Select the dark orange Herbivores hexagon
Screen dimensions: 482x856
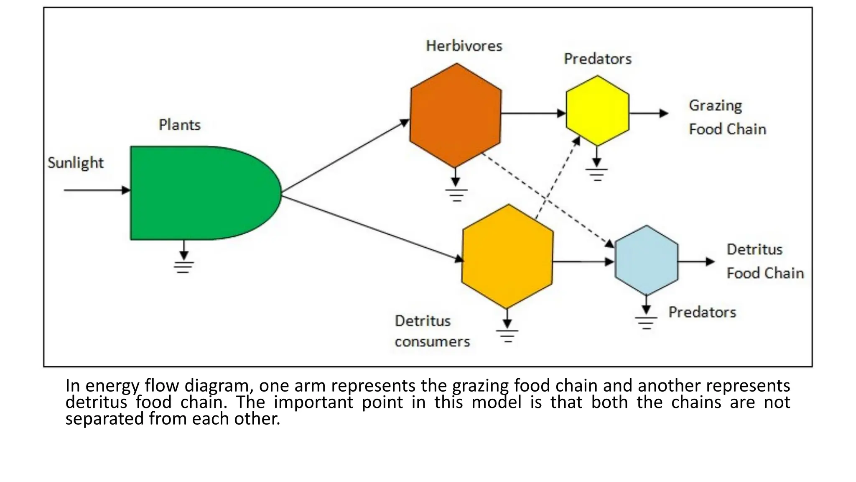tap(456, 115)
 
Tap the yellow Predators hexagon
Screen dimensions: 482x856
tap(597, 111)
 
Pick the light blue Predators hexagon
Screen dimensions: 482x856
tap(646, 260)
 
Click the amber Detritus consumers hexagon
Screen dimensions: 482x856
tap(507, 256)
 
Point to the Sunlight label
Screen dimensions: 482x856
tap(75, 163)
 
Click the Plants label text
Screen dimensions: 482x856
tap(180, 125)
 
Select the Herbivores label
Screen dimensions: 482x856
tap(464, 46)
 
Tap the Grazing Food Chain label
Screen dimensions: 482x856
tap(727, 117)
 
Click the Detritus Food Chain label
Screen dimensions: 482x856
tap(765, 261)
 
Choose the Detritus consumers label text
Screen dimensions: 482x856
tap(432, 331)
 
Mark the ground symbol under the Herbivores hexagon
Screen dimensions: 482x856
tap(456, 195)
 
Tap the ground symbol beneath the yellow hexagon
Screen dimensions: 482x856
tap(597, 174)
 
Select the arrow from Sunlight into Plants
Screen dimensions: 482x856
tap(96, 190)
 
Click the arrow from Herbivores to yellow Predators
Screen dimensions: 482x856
tap(533, 113)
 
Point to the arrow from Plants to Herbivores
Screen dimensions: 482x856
tap(345, 158)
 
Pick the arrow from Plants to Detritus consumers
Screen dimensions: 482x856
tap(372, 228)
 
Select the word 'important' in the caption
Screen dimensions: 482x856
tap(313, 402)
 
